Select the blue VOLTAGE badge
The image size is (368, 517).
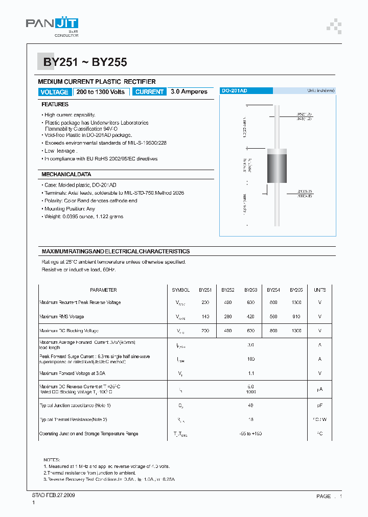click(x=54, y=92)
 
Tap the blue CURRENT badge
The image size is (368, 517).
click(x=149, y=92)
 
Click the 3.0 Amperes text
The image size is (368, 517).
click(x=189, y=92)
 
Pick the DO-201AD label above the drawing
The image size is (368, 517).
click(x=235, y=90)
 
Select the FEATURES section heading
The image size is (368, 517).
click(x=55, y=104)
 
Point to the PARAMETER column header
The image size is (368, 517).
click(x=103, y=290)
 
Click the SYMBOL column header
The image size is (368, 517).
click(x=181, y=290)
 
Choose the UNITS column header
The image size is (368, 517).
click(x=320, y=290)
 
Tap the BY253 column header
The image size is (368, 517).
click(x=251, y=290)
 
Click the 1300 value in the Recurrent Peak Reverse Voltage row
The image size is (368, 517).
click(x=296, y=302)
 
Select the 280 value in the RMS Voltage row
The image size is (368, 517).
click(x=228, y=317)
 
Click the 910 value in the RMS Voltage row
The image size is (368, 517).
click(x=296, y=317)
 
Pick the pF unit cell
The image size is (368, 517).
click(x=320, y=405)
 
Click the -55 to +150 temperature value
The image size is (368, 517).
click(x=250, y=434)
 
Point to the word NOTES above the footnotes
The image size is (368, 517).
click(x=52, y=460)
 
